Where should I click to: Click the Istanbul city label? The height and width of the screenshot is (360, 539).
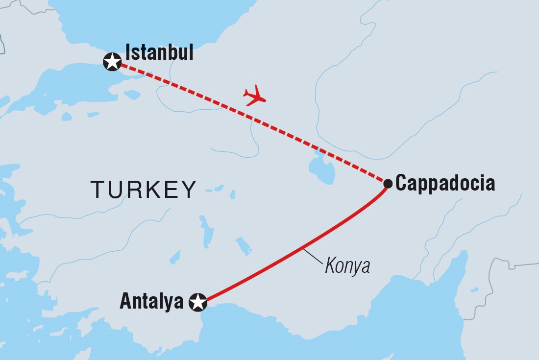[159, 52]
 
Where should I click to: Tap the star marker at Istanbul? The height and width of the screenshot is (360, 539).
[113, 62]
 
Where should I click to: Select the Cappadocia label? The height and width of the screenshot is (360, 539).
[445, 184]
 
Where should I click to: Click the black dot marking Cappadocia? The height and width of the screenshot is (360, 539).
[388, 184]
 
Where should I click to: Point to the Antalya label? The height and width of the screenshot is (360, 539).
[151, 302]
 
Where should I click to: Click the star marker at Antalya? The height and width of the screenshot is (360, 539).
[198, 302]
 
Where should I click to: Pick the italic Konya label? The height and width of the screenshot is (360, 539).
[347, 266]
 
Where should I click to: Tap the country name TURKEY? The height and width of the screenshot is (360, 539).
[144, 189]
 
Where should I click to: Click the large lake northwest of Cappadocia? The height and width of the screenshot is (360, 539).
[322, 169]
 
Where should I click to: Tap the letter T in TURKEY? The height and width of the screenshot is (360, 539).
[97, 189]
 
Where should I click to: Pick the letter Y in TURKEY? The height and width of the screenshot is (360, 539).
[189, 189]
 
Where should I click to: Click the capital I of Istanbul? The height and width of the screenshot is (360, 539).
[128, 52]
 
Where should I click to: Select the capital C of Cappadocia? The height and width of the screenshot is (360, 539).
[401, 184]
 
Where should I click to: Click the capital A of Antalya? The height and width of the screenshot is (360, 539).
[126, 302]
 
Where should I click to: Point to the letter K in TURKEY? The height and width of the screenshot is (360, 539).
[153, 189]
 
